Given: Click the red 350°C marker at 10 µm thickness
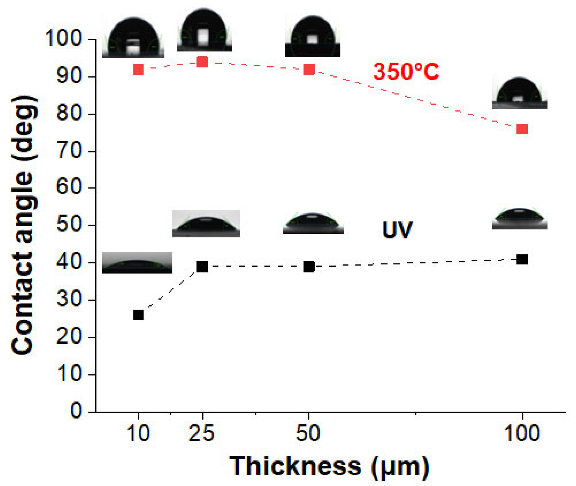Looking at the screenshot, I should pos(138,69).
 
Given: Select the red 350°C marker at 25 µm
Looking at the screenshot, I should pos(202,62).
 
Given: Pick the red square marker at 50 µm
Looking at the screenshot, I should pos(309,69).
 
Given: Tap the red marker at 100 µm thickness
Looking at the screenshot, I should pos(522,129).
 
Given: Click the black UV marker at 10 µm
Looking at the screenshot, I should pos(138,315).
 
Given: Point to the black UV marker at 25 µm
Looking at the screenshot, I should pos(202,267).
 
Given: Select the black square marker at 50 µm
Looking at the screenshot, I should pos(309,267).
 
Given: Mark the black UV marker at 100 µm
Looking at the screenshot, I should pos(522,259).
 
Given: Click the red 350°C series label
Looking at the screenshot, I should pos(406,71).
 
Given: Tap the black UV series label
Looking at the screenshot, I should pos(397,230).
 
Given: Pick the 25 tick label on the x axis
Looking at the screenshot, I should pos(201,433).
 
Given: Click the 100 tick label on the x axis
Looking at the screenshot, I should pos(522,433).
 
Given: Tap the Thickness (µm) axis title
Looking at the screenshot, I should pos(330,466).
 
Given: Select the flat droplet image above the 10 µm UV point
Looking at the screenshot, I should pos(137,263).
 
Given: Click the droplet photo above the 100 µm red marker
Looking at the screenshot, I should pos(520,93).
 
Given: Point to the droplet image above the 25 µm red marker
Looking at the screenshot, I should pos(204,30).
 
